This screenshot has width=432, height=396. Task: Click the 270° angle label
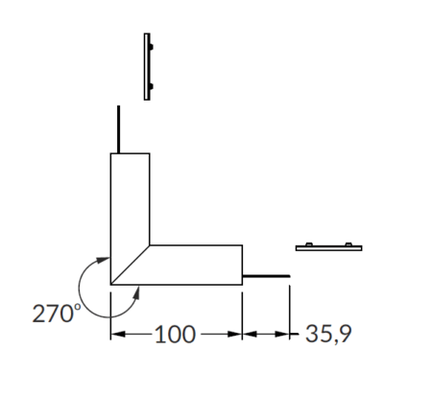(57, 314)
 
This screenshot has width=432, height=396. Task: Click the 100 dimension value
(175, 335)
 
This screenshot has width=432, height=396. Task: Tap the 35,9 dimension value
(328, 335)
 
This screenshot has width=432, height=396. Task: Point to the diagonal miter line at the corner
(130, 265)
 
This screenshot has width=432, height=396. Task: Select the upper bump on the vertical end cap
(152, 47)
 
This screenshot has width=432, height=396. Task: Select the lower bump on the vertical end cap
(152, 86)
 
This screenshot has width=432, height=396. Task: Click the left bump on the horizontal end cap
(309, 245)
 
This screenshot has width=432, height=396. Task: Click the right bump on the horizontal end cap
(348, 245)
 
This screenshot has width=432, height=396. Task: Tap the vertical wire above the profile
(118, 129)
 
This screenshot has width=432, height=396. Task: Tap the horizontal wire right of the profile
(266, 276)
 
